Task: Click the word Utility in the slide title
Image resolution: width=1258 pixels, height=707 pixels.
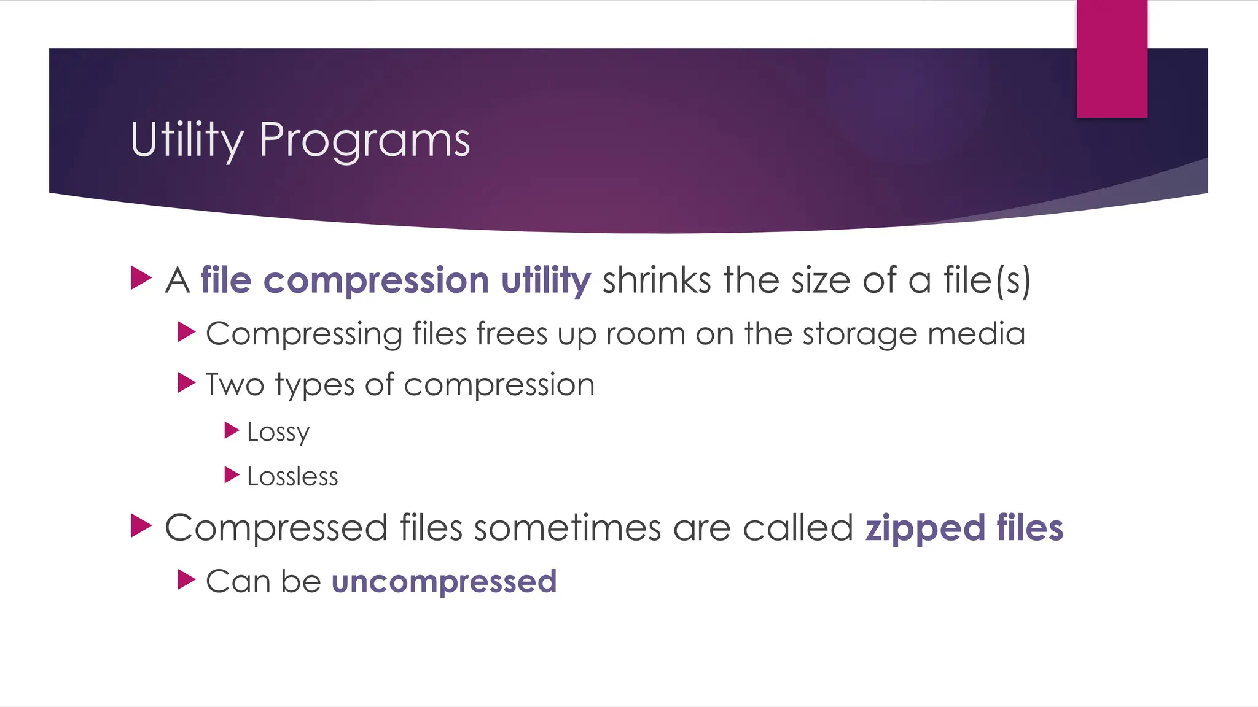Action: (x=187, y=140)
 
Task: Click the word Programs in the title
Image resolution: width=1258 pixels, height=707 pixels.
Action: (x=364, y=140)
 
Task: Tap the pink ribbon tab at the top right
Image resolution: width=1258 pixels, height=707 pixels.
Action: (x=1112, y=59)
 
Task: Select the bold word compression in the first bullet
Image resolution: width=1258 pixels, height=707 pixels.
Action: (x=376, y=280)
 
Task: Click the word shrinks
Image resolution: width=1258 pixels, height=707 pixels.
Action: (x=657, y=280)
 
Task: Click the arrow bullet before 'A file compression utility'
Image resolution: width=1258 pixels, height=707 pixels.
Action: (x=141, y=278)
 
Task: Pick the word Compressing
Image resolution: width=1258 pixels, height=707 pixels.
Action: (x=303, y=334)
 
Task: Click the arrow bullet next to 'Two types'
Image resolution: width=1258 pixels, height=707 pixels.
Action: (x=186, y=383)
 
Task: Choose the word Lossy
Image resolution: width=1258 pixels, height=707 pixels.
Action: (x=278, y=432)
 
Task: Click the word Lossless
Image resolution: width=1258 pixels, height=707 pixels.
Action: (x=292, y=477)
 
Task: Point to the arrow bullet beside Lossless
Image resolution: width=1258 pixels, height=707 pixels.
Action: (x=232, y=475)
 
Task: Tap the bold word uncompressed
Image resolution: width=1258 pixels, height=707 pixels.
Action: (x=444, y=582)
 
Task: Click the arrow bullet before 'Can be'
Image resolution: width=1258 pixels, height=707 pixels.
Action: (x=186, y=579)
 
